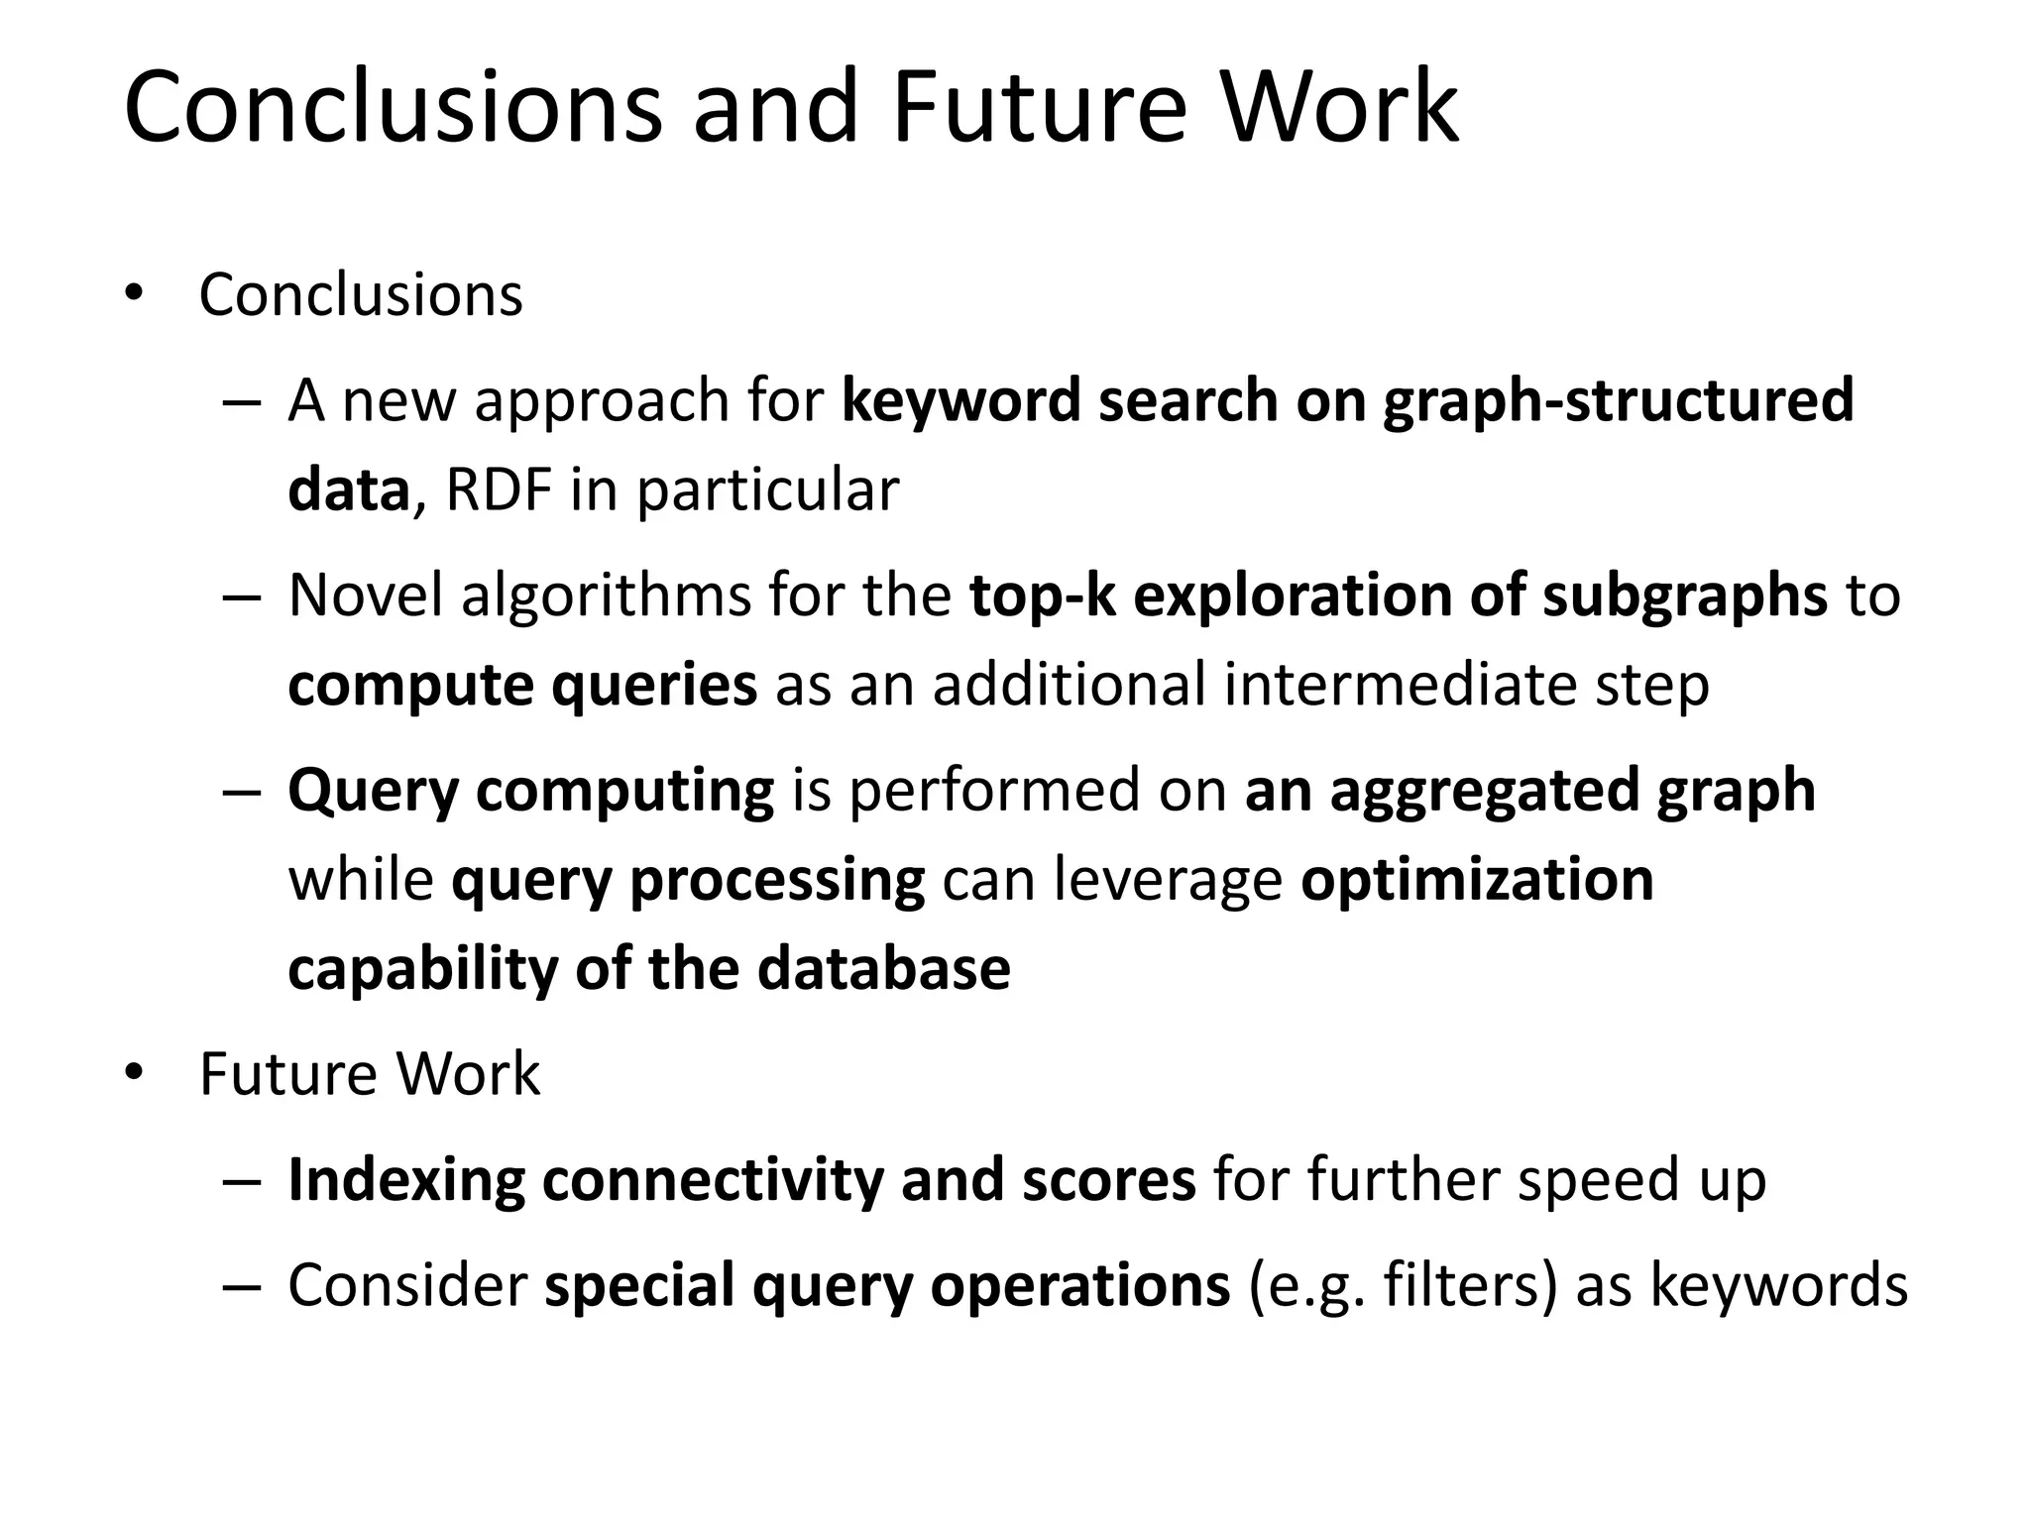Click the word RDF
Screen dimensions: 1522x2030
click(x=498, y=489)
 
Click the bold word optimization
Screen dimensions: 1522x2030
click(x=1477, y=880)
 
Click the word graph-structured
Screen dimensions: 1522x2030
click(x=1618, y=400)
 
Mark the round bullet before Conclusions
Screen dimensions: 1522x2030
click(x=135, y=294)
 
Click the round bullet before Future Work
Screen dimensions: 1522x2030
click(x=135, y=1073)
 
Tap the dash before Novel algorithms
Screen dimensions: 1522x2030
click(x=242, y=598)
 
